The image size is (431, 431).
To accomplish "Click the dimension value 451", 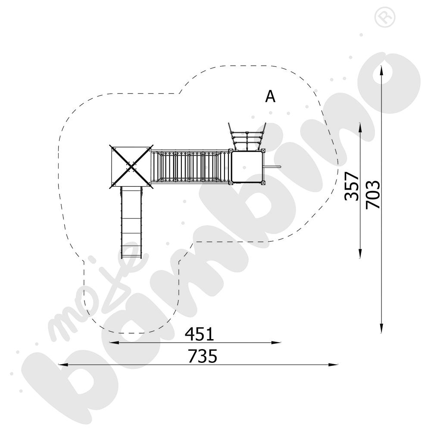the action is click(x=199, y=334).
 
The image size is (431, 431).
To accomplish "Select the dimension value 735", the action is click(x=203, y=356).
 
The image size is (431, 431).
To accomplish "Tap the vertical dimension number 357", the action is click(x=352, y=186).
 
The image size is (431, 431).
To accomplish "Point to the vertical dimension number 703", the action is click(x=373, y=194).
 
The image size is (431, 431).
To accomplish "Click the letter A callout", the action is click(x=270, y=97).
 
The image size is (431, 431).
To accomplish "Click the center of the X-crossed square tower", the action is click(x=131, y=166).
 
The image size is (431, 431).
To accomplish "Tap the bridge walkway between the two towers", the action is click(x=190, y=166).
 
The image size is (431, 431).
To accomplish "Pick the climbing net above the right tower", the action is click(x=247, y=137).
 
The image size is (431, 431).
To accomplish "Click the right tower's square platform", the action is click(x=247, y=166).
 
